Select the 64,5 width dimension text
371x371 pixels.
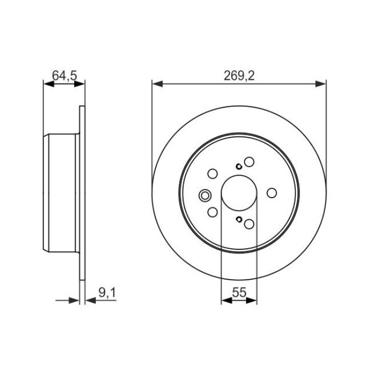(64, 75)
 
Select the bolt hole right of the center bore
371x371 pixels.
(272, 193)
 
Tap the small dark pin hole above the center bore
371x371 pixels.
(239, 167)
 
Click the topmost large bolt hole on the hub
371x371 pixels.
(249, 162)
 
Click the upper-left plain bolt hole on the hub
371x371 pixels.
(212, 174)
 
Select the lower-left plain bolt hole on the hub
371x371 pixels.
(212, 213)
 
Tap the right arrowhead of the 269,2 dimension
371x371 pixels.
(322, 84)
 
